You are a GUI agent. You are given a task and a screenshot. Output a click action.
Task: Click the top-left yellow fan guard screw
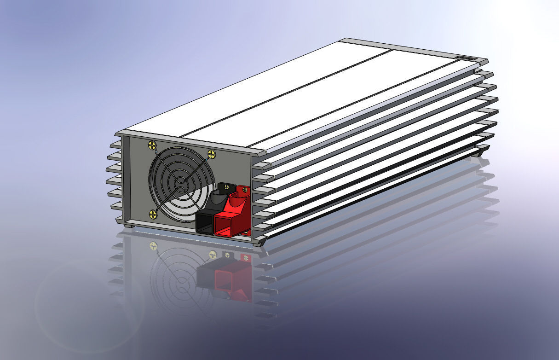152,146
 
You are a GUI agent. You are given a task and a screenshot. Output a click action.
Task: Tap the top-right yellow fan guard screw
212,154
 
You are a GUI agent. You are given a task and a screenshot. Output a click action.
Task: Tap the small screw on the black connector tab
226,187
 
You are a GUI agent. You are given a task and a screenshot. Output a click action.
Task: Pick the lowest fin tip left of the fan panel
117,219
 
